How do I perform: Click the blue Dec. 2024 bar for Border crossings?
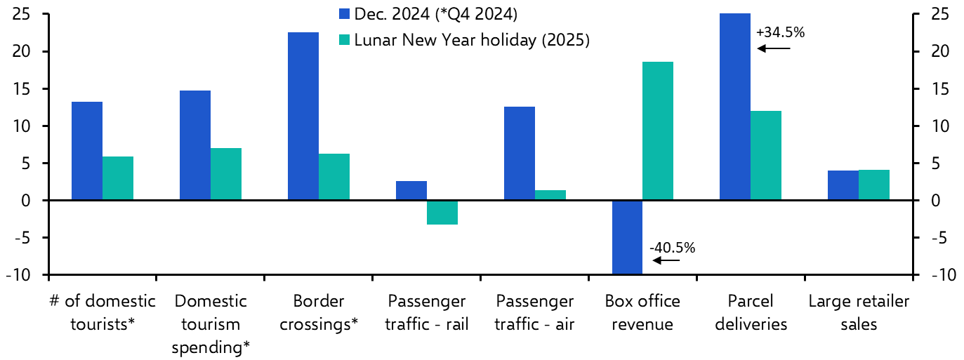[x=303, y=116]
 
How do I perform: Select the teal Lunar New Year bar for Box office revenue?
[x=658, y=131]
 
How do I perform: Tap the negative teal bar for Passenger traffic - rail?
[x=442, y=213]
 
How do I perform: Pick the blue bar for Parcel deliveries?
[x=735, y=107]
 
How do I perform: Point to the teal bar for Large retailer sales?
[x=874, y=185]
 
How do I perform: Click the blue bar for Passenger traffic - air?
[x=520, y=154]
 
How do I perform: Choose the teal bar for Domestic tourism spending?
[x=226, y=174]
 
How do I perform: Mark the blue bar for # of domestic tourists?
[x=87, y=151]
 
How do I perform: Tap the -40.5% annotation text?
[x=672, y=247]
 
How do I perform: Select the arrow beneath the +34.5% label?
[x=774, y=48]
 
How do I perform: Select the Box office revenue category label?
[x=642, y=313]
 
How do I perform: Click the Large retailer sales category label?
[x=859, y=313]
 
